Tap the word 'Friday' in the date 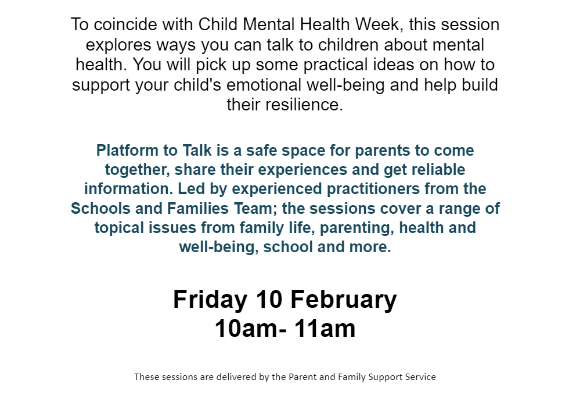point(210,300)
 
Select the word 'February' point(344,300)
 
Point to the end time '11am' point(325,329)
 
